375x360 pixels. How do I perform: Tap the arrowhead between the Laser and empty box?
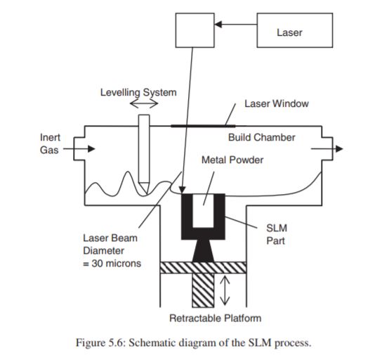[x=218, y=24]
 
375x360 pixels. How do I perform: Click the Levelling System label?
[x=138, y=92]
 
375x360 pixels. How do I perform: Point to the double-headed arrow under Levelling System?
[x=144, y=103]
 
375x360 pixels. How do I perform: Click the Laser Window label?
[x=277, y=103]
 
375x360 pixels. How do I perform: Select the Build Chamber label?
[x=262, y=137]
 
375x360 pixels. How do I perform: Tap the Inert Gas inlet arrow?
[x=79, y=149]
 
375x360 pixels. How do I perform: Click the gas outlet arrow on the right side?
[x=327, y=149]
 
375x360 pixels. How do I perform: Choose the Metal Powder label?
[x=232, y=160]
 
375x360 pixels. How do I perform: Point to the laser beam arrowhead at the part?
[x=183, y=190]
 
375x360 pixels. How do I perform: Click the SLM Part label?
[x=277, y=234]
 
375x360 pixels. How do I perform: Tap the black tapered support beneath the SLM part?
[x=203, y=251]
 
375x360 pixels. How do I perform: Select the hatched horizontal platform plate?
[x=203, y=268]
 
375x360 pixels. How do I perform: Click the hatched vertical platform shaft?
[x=203, y=290]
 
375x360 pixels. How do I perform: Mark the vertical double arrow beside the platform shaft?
[x=225, y=290]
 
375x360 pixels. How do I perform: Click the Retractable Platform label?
[x=216, y=319]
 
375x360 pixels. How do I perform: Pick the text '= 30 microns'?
[x=112, y=264]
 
